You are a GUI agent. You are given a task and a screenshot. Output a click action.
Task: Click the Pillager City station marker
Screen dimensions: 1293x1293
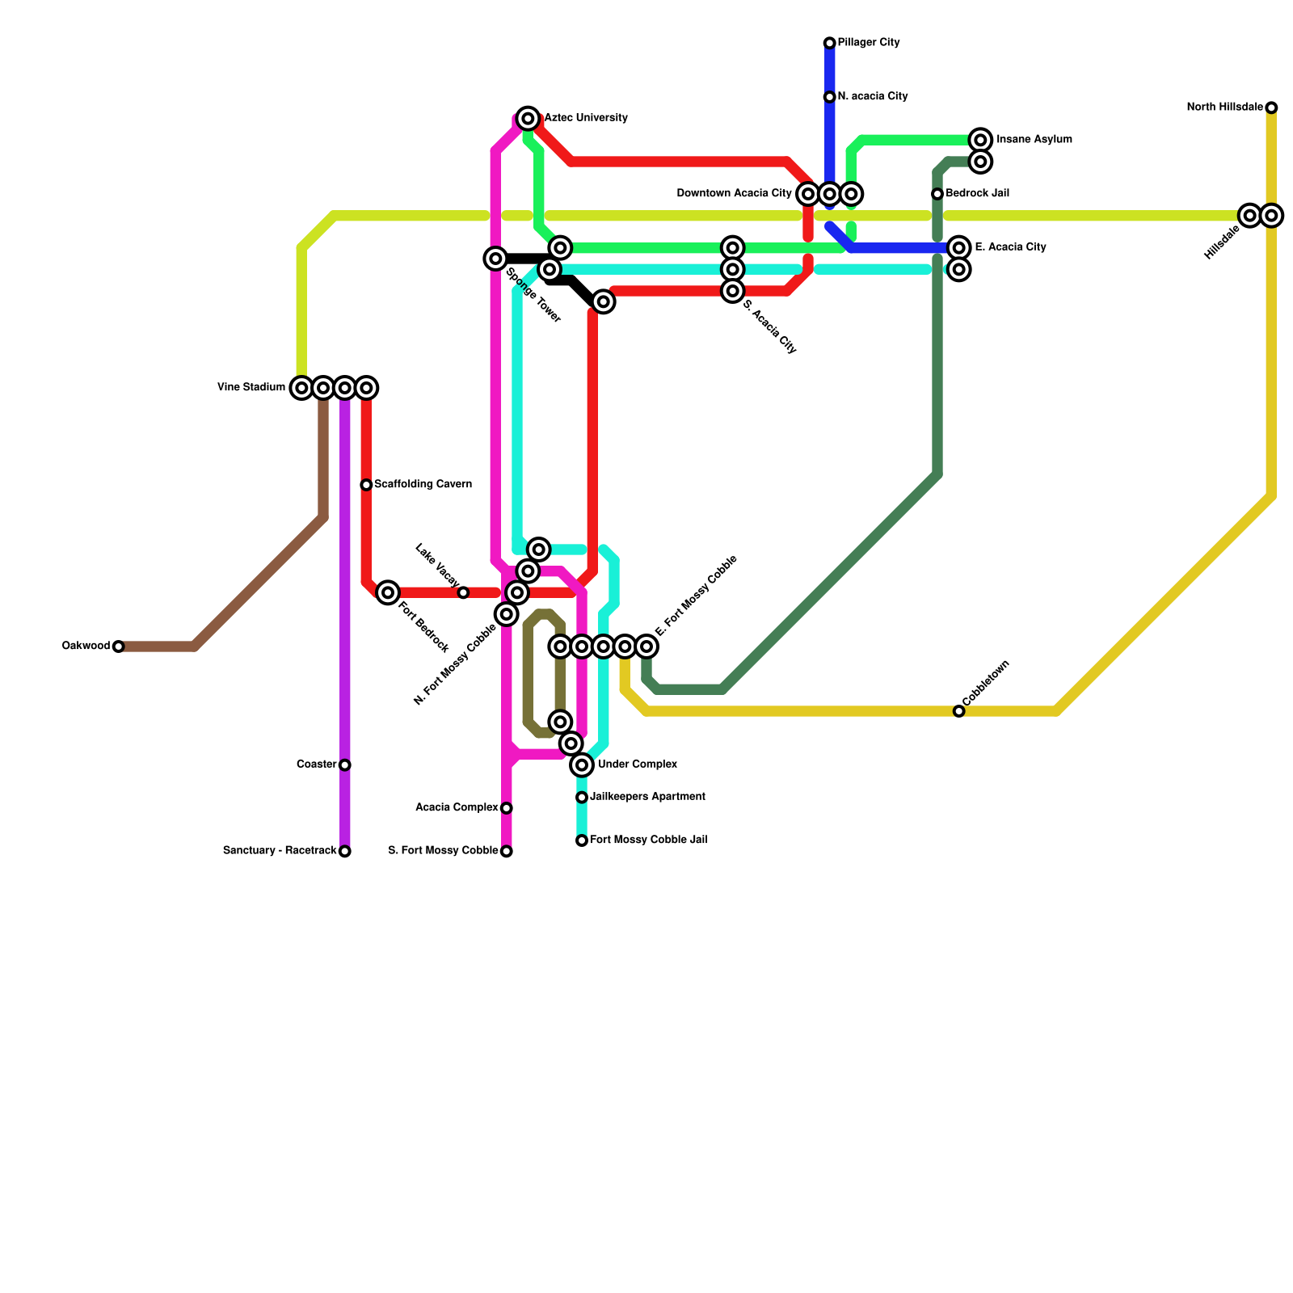[829, 43]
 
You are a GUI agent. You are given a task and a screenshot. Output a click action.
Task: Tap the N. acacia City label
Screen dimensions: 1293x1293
[872, 97]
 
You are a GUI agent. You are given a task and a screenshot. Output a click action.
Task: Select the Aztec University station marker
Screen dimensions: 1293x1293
[528, 119]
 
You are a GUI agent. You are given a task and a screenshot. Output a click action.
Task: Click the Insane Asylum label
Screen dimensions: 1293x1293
[1034, 140]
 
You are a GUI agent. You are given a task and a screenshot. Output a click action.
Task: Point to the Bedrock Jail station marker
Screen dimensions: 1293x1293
[937, 194]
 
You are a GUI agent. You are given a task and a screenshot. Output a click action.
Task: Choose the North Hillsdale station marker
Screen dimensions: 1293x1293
[1271, 107]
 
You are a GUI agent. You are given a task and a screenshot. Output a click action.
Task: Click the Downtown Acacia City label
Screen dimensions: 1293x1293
[734, 194]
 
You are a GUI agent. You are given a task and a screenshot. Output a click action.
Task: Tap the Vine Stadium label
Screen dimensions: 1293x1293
[251, 388]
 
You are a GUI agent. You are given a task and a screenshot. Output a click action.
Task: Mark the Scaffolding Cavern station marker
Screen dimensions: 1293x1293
[366, 485]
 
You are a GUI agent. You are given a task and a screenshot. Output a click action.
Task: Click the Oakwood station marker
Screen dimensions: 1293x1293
[119, 646]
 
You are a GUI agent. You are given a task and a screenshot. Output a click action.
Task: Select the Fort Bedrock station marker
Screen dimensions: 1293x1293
[388, 592]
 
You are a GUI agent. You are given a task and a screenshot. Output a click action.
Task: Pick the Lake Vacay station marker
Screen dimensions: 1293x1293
[463, 592]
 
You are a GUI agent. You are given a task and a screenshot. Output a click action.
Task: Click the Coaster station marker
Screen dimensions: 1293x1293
[345, 764]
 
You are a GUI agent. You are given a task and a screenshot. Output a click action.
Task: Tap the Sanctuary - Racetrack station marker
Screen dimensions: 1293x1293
[345, 851]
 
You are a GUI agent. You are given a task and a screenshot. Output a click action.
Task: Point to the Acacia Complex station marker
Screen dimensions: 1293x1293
[507, 808]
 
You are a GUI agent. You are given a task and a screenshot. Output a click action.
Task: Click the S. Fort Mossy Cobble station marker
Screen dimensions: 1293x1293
[507, 851]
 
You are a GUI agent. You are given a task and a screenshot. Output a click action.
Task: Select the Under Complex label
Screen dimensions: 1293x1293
[637, 764]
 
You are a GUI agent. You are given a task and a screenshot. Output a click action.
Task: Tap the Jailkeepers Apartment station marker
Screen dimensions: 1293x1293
[582, 798]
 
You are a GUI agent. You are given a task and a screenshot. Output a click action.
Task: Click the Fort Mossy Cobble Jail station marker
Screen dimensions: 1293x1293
[582, 840]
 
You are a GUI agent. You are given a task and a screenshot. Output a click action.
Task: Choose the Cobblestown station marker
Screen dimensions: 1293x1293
[958, 711]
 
